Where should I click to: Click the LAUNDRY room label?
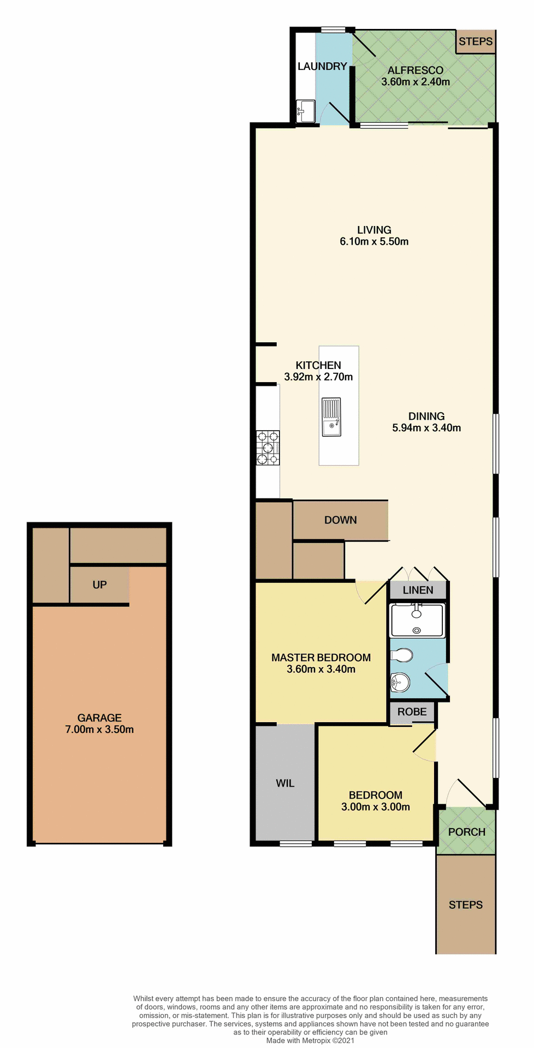(x=322, y=67)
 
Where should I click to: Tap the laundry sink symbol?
(x=305, y=111)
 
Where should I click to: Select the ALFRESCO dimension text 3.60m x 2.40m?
(x=416, y=82)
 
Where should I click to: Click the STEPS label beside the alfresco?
(x=476, y=41)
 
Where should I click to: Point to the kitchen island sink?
(x=331, y=418)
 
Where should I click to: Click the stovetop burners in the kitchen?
(x=268, y=448)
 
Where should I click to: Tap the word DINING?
(x=426, y=416)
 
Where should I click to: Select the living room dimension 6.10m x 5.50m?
(x=374, y=242)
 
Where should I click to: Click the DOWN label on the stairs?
(x=340, y=520)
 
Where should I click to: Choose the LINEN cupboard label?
(x=418, y=590)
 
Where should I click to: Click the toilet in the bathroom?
(x=402, y=654)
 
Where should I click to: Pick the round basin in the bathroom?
(x=400, y=682)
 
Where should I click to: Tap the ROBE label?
(x=412, y=712)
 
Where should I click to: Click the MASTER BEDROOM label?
(x=321, y=658)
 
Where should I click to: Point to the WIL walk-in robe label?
(x=285, y=783)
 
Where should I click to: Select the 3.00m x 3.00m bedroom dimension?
(x=376, y=807)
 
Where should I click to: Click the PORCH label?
(x=466, y=832)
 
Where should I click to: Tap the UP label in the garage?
(x=99, y=585)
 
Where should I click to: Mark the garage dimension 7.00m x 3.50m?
(x=99, y=730)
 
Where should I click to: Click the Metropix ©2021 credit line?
(x=310, y=1041)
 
